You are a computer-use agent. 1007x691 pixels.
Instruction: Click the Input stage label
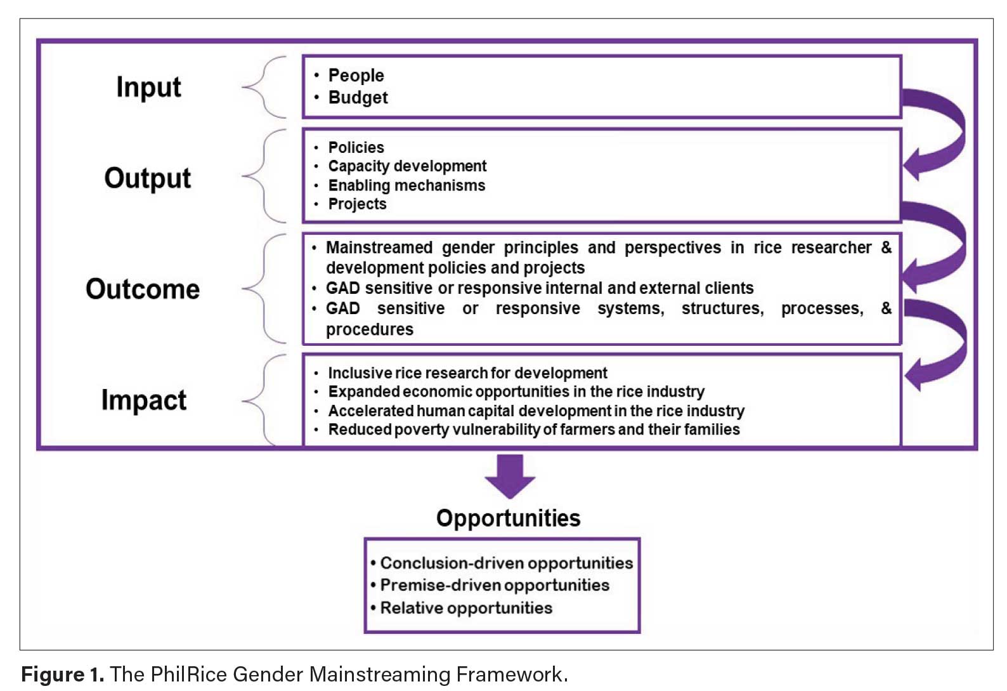148,87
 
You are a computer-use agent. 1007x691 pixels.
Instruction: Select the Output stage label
147,178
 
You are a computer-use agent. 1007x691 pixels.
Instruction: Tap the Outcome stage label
143,289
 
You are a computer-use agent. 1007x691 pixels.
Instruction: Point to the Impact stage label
144,400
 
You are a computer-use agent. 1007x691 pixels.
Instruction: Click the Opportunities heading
508,518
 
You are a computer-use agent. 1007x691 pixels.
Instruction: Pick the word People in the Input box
356,76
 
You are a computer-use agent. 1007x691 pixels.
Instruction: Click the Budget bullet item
358,98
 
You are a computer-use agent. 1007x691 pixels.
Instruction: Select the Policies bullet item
356,147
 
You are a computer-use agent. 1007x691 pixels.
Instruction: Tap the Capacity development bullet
407,166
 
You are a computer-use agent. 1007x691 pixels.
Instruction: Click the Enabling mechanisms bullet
406,185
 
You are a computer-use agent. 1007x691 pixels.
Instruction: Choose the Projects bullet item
357,204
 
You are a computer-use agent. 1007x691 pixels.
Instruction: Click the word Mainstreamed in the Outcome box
379,247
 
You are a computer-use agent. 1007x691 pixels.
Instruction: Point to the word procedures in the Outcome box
369,329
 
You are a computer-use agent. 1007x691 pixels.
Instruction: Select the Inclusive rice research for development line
467,373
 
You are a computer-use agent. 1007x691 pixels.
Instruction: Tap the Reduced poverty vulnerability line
533,430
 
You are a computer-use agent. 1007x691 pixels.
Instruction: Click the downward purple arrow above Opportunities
510,477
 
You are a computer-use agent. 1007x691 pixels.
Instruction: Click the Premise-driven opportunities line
495,585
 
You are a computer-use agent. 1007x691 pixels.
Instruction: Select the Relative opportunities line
466,608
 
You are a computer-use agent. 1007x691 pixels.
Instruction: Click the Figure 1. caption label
62,674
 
